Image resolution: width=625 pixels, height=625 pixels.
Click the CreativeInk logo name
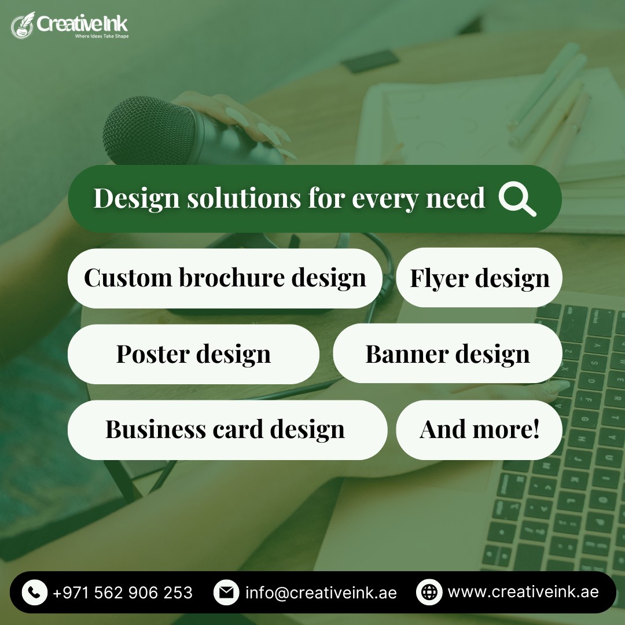click(x=82, y=24)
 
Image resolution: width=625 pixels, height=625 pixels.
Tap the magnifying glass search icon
click(x=517, y=199)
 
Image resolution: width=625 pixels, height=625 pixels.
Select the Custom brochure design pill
click(x=225, y=278)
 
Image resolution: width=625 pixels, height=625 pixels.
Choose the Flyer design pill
click(x=479, y=277)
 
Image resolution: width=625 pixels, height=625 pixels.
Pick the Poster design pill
click(x=193, y=354)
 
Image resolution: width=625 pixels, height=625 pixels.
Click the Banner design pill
click(x=447, y=353)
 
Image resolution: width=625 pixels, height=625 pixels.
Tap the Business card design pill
click(x=227, y=429)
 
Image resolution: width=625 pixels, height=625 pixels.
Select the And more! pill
click(x=479, y=429)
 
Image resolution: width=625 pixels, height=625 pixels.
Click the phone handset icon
click(x=35, y=593)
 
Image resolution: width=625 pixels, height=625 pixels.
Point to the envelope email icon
click(x=226, y=593)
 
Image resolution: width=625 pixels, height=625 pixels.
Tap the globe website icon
click(x=429, y=592)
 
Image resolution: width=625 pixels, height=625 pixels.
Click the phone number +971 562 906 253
click(x=122, y=593)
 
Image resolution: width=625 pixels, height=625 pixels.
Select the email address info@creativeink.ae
click(x=321, y=593)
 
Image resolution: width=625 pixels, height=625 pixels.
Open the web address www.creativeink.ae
click(x=523, y=592)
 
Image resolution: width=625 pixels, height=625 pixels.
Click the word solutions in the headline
click(x=244, y=198)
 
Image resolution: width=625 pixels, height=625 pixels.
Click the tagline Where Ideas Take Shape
click(x=102, y=36)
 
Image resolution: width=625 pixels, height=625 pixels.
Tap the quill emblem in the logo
click(x=23, y=25)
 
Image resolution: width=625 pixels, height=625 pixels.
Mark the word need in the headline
click(x=455, y=198)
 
